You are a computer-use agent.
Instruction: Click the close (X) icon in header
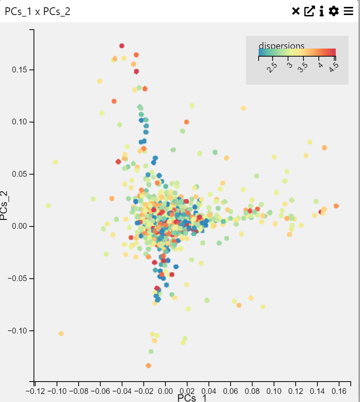(x=296, y=11)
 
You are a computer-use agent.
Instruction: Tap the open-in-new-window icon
(x=309, y=11)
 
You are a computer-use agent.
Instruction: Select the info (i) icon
(x=321, y=11)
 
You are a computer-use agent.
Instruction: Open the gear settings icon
(x=334, y=11)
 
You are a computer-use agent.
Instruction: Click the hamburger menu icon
(x=348, y=11)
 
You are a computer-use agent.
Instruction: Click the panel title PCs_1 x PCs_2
(x=37, y=12)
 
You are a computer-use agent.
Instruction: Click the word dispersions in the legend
(x=281, y=46)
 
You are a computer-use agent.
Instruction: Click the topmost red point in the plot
(x=122, y=46)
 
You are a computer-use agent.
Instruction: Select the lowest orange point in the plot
(x=148, y=365)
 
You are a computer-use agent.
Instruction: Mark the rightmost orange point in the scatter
(x=336, y=206)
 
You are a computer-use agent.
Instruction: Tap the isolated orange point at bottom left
(x=61, y=333)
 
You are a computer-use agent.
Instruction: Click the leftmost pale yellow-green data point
(x=48, y=206)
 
